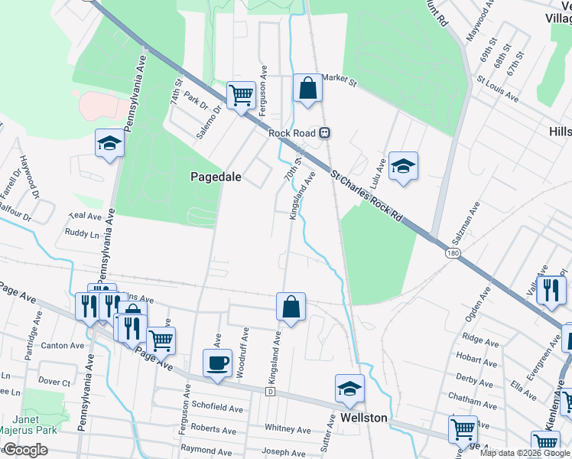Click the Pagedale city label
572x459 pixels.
click(216, 177)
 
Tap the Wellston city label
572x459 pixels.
click(364, 418)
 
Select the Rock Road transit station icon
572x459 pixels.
click(325, 132)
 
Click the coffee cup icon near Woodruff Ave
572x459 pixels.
click(217, 363)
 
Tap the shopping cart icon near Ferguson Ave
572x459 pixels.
click(242, 96)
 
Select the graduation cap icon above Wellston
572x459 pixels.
click(350, 389)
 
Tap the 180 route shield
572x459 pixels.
click(454, 252)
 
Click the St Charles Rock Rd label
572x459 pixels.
click(367, 197)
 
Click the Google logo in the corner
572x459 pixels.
click(24, 451)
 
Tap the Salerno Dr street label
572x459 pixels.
click(208, 122)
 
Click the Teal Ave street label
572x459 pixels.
click(85, 217)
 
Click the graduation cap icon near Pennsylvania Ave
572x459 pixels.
click(109, 143)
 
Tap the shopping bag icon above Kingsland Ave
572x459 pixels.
click(291, 308)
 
